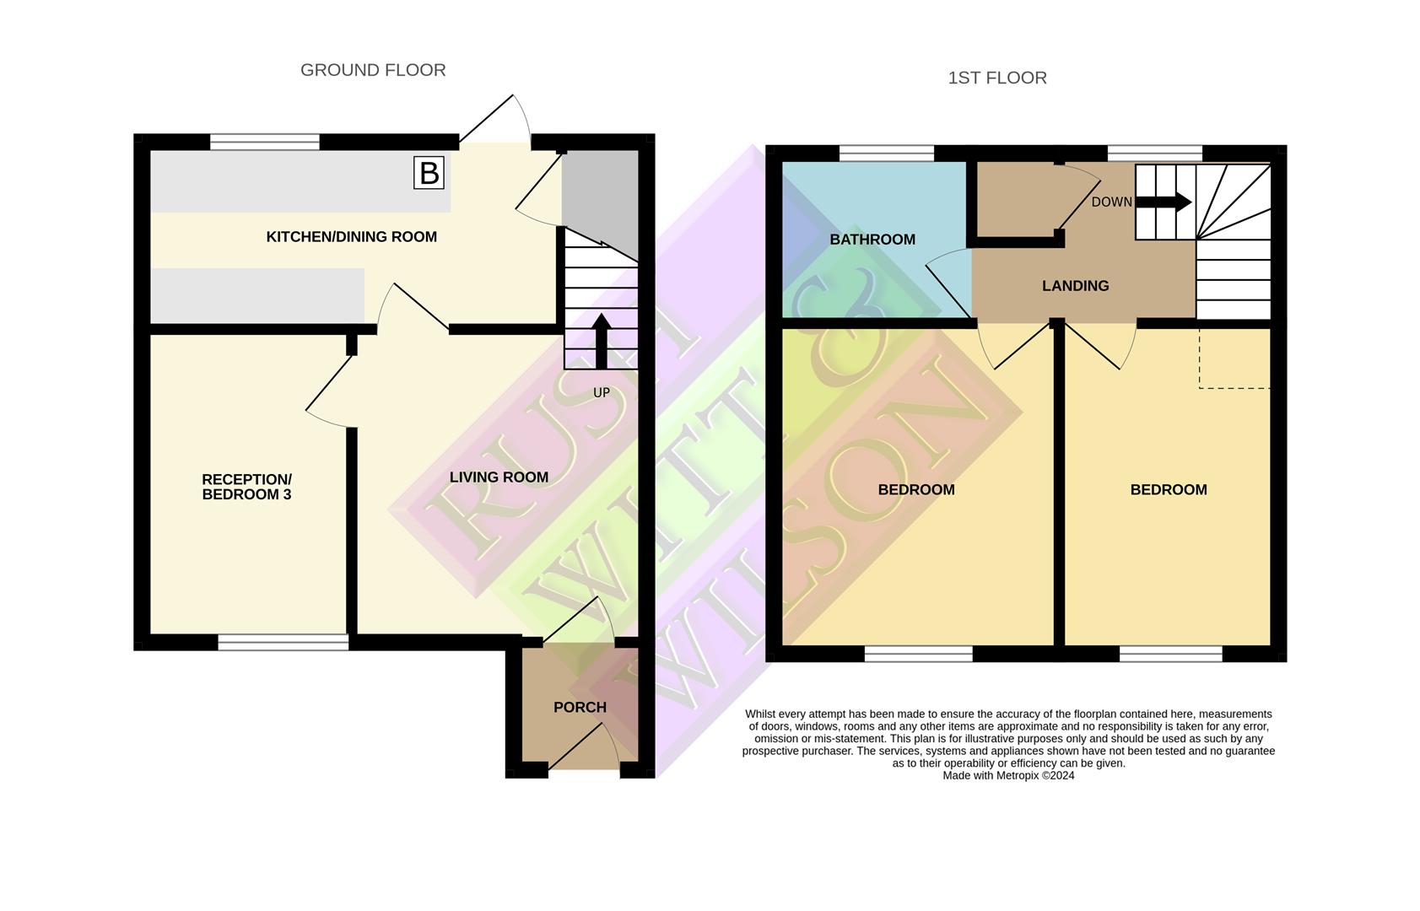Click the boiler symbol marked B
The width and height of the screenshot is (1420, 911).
coord(429,173)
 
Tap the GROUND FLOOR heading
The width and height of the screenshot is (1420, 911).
coord(373,70)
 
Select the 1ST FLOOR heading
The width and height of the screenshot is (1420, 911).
coord(997,78)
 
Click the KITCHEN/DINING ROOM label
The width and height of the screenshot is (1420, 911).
coord(351,237)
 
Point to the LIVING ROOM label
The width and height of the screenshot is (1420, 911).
coord(499,477)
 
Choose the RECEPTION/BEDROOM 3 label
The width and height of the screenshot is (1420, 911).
coord(246,487)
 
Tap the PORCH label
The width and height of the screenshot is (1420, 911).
coord(580,707)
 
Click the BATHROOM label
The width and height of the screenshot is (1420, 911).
coord(872,240)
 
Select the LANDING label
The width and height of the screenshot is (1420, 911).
coord(1075,286)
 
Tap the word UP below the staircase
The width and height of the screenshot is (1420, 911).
coord(601,393)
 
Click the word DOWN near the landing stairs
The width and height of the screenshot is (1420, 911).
coord(1111,202)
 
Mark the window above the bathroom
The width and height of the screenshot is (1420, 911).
coord(886,153)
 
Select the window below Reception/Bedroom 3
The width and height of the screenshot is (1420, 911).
coord(283,643)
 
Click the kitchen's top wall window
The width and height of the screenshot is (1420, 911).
coord(264,142)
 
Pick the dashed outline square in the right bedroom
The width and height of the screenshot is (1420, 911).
coord(1234,358)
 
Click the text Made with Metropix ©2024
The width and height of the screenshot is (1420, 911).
coord(1008,776)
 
